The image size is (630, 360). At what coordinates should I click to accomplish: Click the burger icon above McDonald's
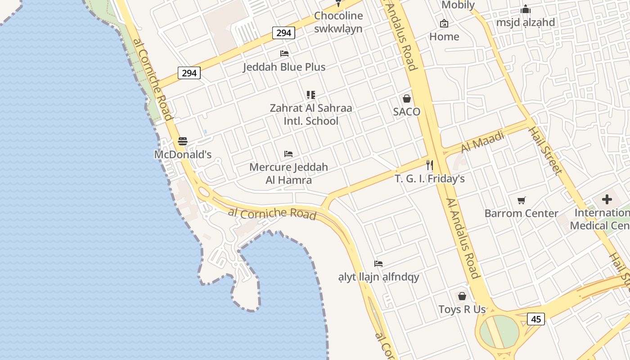point(182,141)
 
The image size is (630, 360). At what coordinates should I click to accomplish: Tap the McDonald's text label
point(183,154)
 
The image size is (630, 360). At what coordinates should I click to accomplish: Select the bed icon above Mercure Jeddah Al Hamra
point(288,154)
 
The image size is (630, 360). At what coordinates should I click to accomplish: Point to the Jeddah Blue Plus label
point(284,67)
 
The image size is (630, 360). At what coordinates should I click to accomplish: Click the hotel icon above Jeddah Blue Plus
point(284,54)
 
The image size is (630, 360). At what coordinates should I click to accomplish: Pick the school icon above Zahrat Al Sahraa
point(311,95)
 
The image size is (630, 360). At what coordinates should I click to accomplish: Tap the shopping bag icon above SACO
point(407,99)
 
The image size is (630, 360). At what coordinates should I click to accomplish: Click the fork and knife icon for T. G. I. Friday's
point(429,165)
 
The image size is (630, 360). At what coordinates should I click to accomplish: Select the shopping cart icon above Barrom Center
point(522,200)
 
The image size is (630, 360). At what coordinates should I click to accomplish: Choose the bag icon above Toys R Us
point(462,296)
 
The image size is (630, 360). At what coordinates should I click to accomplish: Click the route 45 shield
point(535,319)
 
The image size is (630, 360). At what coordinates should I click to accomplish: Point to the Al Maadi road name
point(482,141)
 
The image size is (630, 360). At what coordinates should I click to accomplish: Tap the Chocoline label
point(338,16)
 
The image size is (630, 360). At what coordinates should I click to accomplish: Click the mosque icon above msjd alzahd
point(525,9)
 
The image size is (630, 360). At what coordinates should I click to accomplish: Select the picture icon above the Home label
point(444,23)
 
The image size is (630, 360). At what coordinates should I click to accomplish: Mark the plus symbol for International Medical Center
point(607,199)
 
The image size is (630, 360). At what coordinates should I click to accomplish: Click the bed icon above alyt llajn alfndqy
point(378,264)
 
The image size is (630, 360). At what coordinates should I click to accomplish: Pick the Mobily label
point(458,5)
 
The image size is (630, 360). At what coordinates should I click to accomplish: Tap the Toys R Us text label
point(462,310)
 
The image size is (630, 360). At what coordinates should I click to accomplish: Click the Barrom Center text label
point(521,213)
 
